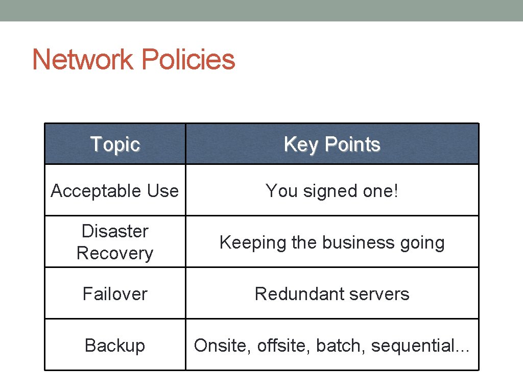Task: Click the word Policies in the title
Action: [188, 60]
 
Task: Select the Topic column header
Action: [115, 144]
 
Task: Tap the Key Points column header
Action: [332, 144]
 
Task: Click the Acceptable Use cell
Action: [115, 191]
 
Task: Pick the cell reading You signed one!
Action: [332, 191]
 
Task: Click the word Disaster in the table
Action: [115, 231]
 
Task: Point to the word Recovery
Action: [115, 253]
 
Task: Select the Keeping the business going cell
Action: [332, 242]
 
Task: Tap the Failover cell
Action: [115, 294]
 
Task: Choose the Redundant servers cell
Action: [332, 294]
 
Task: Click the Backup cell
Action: [115, 346]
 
